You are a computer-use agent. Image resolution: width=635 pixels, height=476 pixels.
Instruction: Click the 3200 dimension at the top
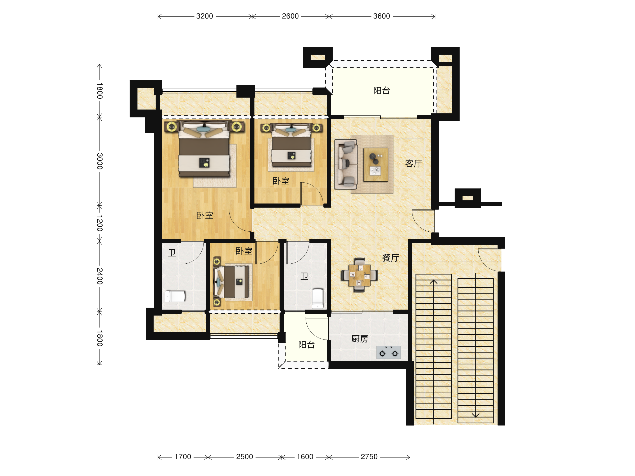[x=205, y=16]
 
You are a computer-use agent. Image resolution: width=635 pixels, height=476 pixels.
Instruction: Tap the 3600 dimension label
[x=382, y=16]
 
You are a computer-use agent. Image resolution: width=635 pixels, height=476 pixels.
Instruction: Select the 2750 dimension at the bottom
[x=369, y=457]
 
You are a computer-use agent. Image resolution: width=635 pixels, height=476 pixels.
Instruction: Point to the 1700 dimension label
[x=183, y=457]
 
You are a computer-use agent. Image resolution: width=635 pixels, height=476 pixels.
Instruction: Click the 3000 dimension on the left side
[x=99, y=161]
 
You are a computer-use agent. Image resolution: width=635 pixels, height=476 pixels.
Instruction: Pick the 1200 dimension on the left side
[x=99, y=223]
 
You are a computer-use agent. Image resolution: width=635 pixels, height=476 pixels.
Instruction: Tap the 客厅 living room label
[x=413, y=163]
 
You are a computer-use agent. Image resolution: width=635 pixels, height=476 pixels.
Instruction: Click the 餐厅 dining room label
[x=391, y=258]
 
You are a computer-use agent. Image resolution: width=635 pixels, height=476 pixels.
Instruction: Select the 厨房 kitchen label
[x=360, y=339]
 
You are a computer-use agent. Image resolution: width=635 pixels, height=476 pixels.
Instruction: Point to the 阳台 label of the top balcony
[x=382, y=91]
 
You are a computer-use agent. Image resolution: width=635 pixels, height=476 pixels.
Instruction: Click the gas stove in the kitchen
[x=388, y=353]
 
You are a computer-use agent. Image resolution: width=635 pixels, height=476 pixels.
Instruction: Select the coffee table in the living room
[x=376, y=165]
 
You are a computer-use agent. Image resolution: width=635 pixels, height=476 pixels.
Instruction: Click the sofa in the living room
[x=346, y=164]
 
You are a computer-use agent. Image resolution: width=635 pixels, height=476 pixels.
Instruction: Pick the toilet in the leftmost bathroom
[x=175, y=296]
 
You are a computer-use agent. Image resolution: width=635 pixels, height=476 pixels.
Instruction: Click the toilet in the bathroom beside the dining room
[x=317, y=299]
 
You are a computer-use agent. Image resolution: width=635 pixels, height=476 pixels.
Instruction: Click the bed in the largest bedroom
[x=204, y=149]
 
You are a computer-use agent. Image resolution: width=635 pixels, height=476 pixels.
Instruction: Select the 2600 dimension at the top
[x=290, y=16]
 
